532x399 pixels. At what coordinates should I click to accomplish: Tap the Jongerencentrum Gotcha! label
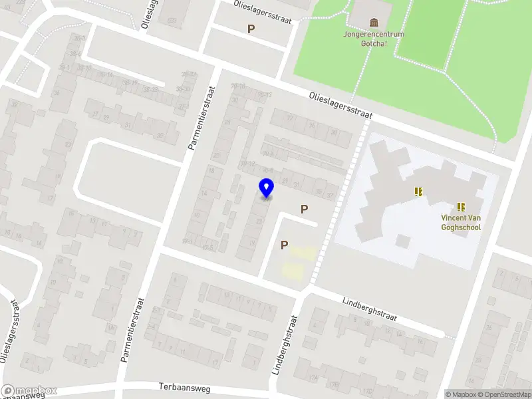click(374, 39)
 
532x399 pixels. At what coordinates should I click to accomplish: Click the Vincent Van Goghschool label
click(461, 222)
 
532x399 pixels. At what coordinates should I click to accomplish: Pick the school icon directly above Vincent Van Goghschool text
click(460, 207)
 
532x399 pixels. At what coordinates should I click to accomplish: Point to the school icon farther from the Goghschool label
click(418, 192)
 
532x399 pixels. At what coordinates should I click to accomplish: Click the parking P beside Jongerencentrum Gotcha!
click(251, 29)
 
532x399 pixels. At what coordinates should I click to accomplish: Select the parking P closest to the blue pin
click(304, 209)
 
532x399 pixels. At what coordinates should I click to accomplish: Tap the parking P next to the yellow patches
click(284, 245)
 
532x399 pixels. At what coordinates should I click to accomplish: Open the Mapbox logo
click(29, 391)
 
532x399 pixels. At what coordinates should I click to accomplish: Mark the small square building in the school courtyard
click(402, 241)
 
